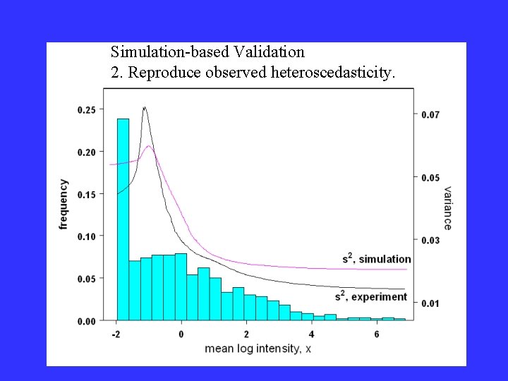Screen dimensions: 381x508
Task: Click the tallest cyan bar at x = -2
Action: [123, 219]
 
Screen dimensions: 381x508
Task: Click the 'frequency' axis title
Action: [64, 204]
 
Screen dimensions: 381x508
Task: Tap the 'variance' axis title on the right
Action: [448, 207]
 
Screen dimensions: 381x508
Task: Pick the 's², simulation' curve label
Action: [376, 259]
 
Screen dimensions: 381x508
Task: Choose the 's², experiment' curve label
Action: [371, 296]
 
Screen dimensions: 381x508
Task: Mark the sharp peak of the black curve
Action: [145, 108]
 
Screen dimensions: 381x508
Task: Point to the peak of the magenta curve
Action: [149, 146]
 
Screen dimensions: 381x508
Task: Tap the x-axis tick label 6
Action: [377, 333]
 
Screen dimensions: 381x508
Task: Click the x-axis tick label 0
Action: [181, 333]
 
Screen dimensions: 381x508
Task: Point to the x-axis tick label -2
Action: [115, 333]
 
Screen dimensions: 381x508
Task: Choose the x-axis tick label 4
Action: [312, 333]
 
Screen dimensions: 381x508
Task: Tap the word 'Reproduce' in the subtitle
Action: [159, 73]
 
